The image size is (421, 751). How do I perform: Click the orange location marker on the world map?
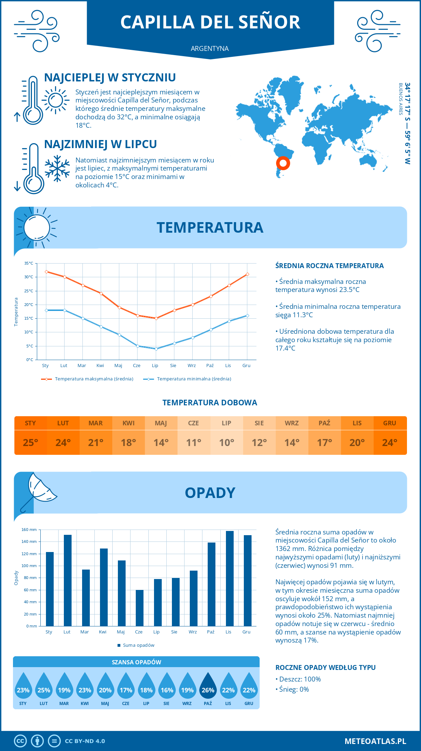283,163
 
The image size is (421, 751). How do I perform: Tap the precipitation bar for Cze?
140,608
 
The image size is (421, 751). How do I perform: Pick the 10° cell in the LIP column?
227,443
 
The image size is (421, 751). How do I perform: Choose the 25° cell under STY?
31,443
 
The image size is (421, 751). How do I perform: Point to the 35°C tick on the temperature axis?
29,263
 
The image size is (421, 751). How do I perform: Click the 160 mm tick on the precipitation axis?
29,530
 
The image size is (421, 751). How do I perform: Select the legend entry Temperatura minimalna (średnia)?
187,379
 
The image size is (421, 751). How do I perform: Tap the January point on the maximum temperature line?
46,272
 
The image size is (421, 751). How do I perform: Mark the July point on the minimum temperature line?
156,349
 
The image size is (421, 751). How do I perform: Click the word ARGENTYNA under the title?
210,48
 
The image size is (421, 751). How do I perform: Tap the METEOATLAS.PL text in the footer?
375,741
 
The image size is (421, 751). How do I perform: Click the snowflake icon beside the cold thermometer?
57,168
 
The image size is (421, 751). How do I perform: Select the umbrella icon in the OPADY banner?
38,491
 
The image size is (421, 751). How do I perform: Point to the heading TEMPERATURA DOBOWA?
210,403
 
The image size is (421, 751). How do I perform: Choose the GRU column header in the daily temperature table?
390,423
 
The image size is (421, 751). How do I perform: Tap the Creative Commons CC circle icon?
20,741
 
